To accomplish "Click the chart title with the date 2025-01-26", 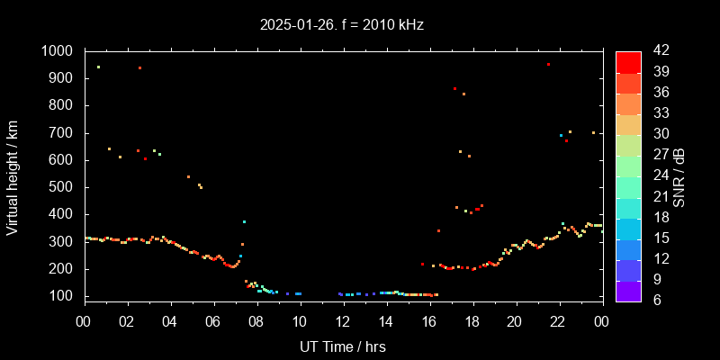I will click(x=341, y=25).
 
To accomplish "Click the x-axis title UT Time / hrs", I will click(x=343, y=346).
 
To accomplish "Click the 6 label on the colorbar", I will click(x=652, y=300).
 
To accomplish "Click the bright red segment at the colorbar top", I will click(x=628, y=61).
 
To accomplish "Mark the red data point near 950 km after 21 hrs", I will click(x=548, y=65).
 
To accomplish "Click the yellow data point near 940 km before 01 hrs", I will click(x=98, y=67).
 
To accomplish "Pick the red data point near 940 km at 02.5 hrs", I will click(x=139, y=68).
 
